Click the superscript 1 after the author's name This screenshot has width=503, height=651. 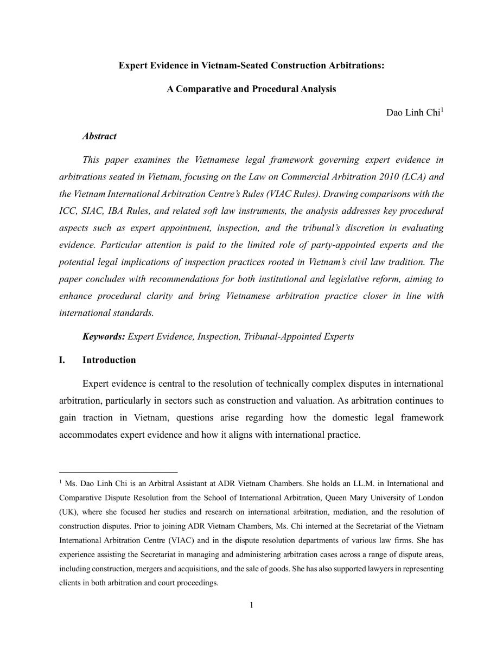442,110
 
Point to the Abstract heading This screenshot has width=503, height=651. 99,136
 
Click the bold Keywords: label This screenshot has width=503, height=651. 104,336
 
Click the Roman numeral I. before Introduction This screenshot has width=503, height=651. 62,360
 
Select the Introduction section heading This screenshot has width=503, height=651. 109,360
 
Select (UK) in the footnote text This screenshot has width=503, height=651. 67,512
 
